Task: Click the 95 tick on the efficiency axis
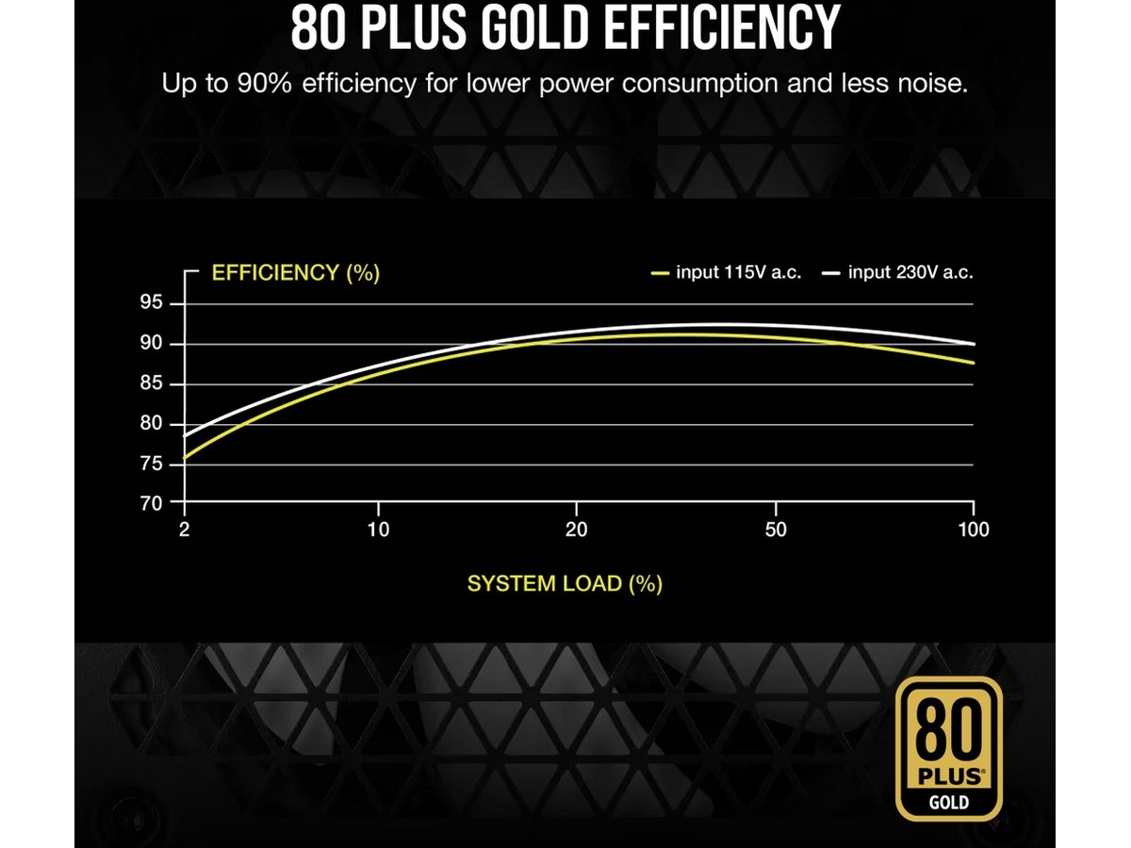[152, 303]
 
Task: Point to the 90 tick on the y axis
[152, 344]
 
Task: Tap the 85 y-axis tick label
[152, 384]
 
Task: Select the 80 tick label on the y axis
[152, 424]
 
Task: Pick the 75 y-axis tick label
[152, 465]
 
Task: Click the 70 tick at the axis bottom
[152, 503]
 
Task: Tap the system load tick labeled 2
[184, 530]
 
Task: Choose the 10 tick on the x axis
[377, 530]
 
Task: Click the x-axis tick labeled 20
[576, 530]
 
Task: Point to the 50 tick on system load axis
[775, 530]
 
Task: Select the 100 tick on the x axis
[973, 530]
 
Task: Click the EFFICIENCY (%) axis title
[296, 273]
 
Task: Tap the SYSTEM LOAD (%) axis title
[565, 583]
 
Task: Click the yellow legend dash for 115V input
[660, 274]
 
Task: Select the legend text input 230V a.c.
[910, 273]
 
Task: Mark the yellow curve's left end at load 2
[185, 458]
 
